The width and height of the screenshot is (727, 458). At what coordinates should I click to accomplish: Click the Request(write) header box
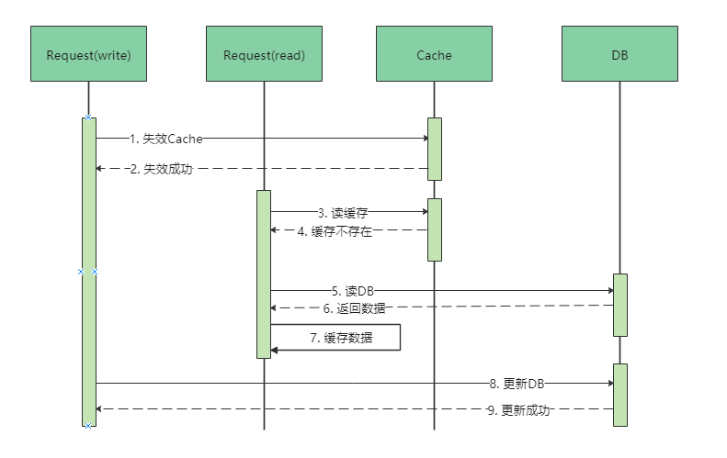(x=88, y=55)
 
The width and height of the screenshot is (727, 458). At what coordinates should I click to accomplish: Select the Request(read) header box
(x=264, y=55)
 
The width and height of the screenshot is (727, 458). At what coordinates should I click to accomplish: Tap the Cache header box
(x=434, y=55)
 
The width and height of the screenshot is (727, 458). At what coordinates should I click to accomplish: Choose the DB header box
(x=619, y=55)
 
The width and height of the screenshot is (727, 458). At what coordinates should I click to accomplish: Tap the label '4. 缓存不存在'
(x=335, y=231)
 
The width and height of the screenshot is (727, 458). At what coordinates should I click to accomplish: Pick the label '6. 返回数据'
(x=354, y=308)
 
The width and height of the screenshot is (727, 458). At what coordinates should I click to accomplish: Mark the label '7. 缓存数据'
(x=341, y=338)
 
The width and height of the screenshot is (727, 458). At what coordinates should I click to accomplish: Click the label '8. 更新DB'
(x=518, y=383)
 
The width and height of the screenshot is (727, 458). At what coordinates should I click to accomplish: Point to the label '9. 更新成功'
(x=517, y=410)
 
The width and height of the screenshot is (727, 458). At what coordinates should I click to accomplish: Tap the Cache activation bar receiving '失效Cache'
(x=435, y=149)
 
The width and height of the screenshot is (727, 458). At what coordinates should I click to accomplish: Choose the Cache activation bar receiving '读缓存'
(x=435, y=229)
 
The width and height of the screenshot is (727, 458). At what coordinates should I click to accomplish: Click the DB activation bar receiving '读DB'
(x=620, y=305)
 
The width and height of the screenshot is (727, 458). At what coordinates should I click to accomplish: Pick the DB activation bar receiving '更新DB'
(x=620, y=395)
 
